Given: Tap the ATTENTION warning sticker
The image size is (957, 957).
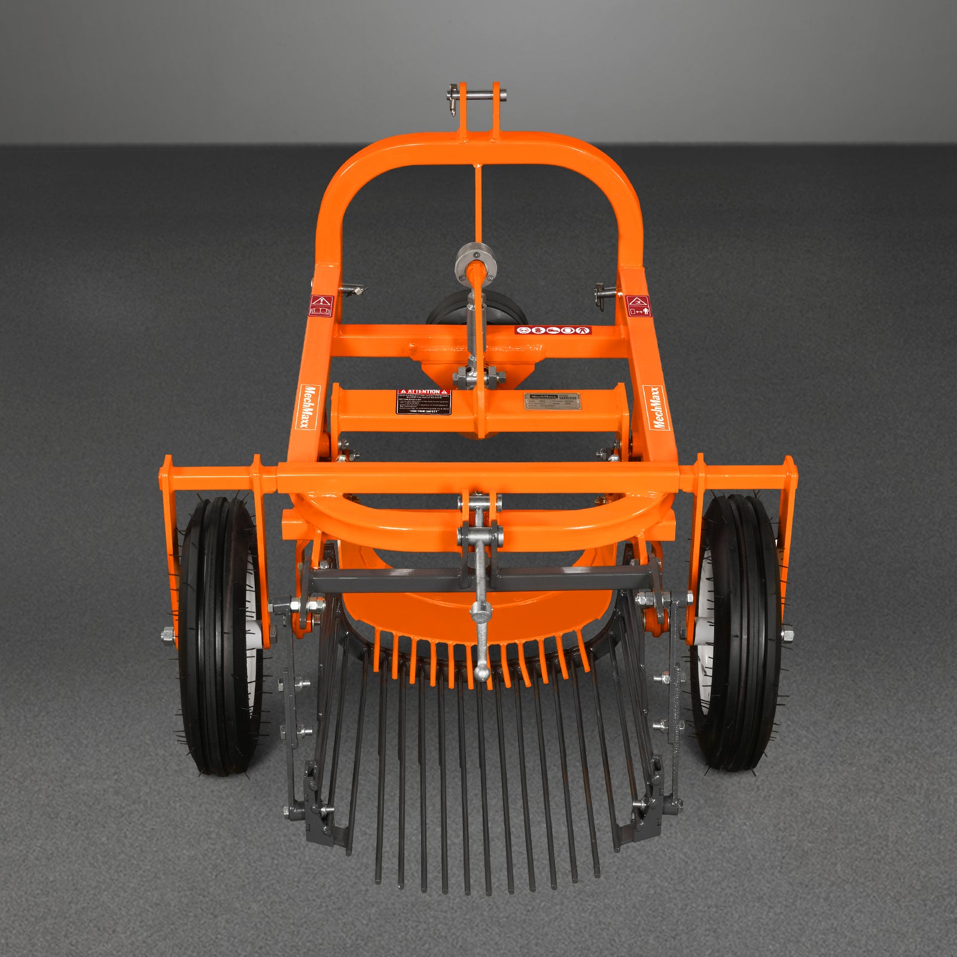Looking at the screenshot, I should (x=423, y=401).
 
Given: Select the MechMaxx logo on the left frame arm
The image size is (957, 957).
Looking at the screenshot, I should (x=310, y=407).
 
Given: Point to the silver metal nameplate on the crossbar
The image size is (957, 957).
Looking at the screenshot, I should (x=551, y=401).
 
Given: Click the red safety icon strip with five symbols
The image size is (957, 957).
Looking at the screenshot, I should (x=553, y=330).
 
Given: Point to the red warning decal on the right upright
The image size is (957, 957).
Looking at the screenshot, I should (x=638, y=305).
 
